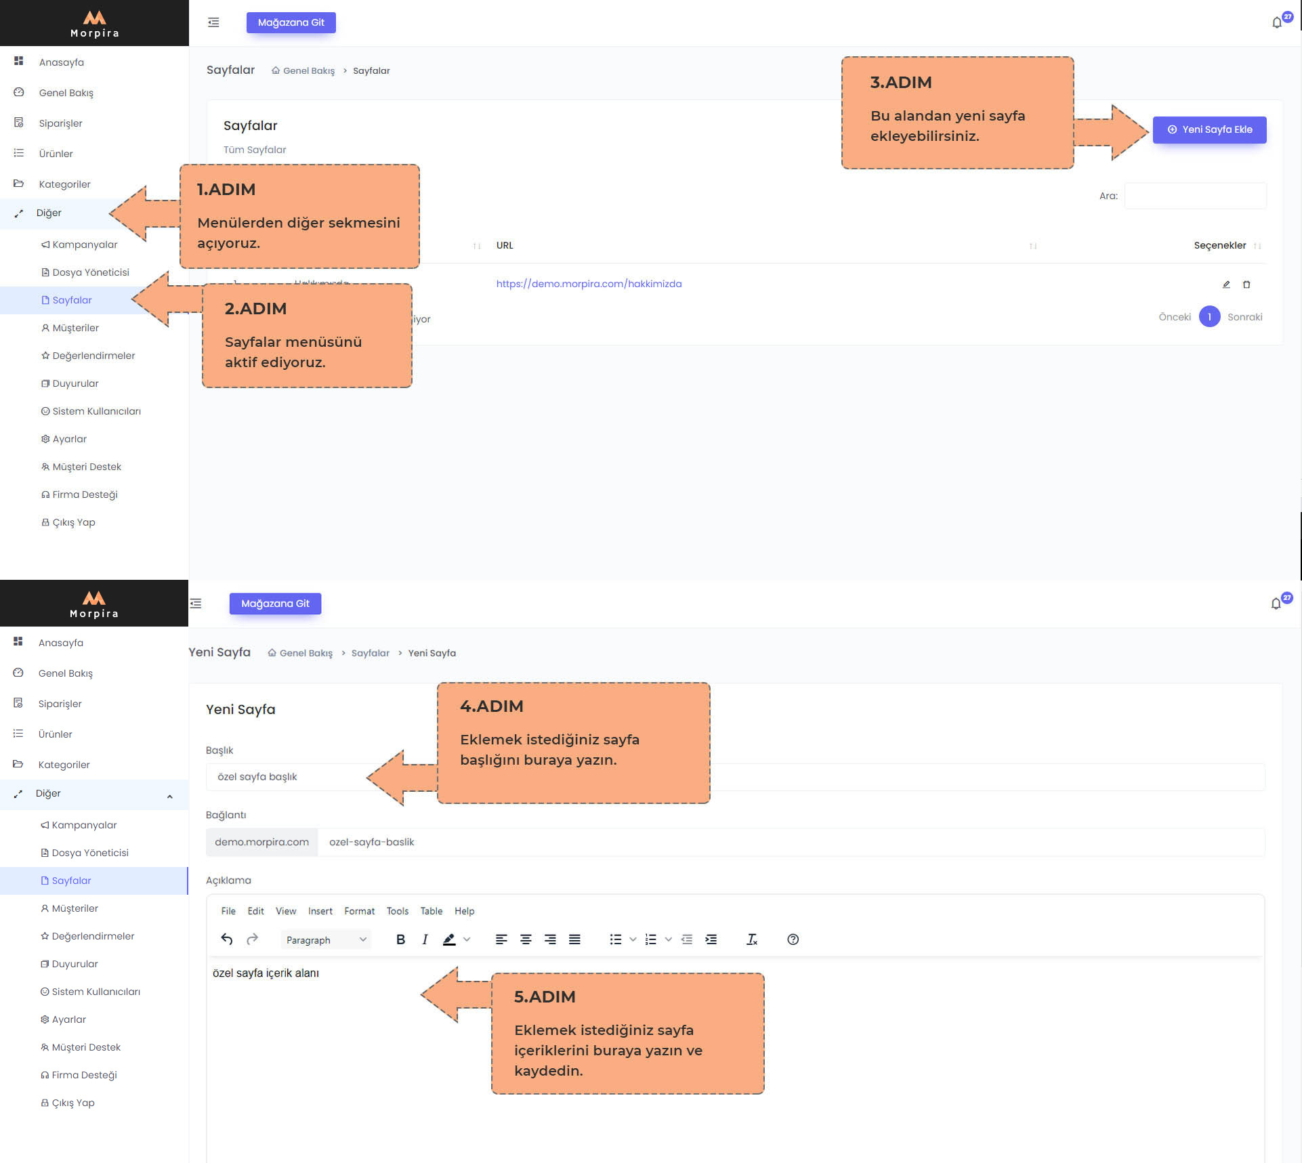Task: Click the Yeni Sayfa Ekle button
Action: (1209, 129)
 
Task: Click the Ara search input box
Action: (1195, 196)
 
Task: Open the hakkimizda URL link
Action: (589, 284)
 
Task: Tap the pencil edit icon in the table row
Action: (1226, 284)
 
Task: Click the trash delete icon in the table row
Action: (1246, 284)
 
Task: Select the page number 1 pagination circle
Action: (1209, 316)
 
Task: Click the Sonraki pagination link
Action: (1244, 317)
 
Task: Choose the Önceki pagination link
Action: (1175, 317)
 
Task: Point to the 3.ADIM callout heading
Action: (901, 83)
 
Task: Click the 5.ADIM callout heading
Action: (545, 997)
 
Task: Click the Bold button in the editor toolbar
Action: (400, 939)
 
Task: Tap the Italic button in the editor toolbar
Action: (425, 939)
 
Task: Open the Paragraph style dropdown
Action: (326, 939)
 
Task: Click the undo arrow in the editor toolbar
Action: (227, 939)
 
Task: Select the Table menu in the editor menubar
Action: (431, 911)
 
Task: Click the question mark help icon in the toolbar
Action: (793, 939)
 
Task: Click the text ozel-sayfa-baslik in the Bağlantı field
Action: (372, 842)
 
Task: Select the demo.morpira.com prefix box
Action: (261, 842)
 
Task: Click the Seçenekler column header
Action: (1220, 245)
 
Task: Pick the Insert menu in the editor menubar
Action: (320, 911)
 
